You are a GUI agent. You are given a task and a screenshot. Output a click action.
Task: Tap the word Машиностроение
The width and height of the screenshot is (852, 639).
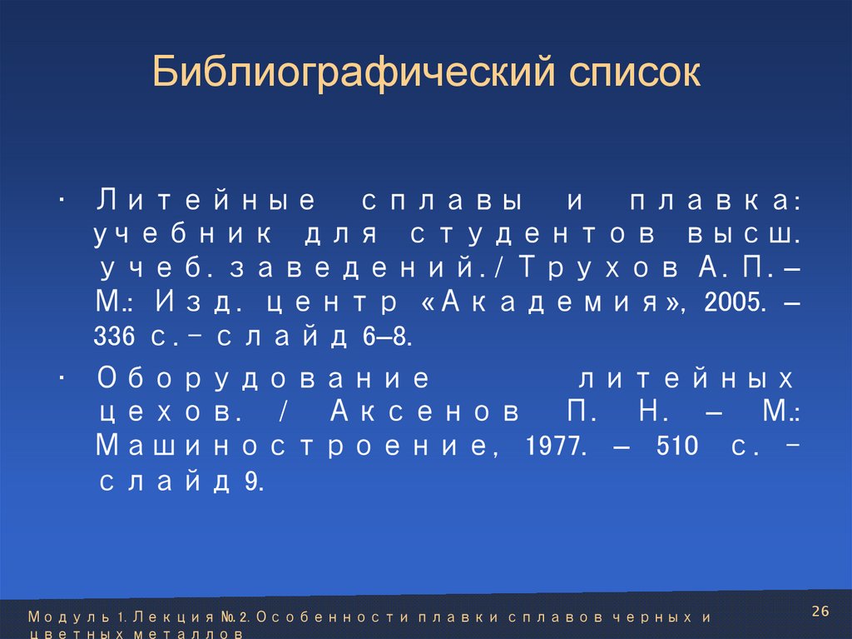pyautogui.click(x=290, y=447)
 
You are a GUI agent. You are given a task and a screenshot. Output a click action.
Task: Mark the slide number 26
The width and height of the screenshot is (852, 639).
pyautogui.click(x=820, y=612)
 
